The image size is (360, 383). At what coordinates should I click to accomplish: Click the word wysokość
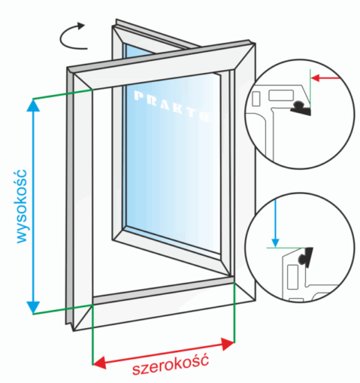point(22,206)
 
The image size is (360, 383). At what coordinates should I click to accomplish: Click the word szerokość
point(171,365)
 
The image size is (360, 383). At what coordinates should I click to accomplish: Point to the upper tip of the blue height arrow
point(33,99)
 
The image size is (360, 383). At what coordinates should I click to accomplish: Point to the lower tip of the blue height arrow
point(33,314)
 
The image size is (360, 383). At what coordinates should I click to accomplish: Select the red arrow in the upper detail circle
point(325,78)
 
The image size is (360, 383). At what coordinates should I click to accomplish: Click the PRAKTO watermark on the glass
point(172,106)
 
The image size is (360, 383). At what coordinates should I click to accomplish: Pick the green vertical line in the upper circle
point(310,89)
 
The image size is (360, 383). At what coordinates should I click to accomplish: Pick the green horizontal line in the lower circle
point(286,248)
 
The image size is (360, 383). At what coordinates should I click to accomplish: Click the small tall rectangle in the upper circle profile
point(256,99)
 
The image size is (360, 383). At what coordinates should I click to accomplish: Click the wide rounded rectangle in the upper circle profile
point(281,96)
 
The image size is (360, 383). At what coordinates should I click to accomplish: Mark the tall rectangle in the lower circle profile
point(292,277)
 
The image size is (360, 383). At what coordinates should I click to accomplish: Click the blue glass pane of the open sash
point(173,163)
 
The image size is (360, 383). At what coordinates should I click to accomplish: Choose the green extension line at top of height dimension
point(63,94)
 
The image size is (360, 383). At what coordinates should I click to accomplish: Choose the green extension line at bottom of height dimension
point(63,309)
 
